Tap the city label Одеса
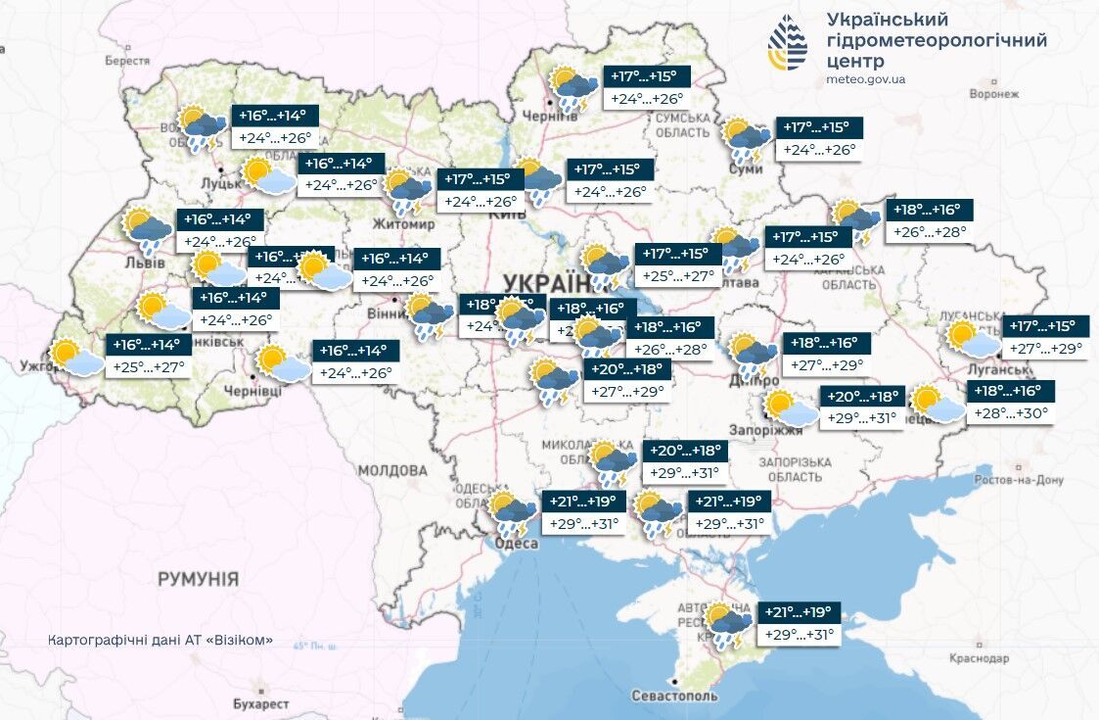[x=517, y=544]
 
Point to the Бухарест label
[x=260, y=703]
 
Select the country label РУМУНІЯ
[x=199, y=579]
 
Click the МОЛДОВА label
[x=392, y=470]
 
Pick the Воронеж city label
[x=993, y=94]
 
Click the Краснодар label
[x=979, y=658]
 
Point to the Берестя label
[x=127, y=60]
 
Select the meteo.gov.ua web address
[x=865, y=79]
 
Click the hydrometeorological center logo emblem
[x=788, y=44]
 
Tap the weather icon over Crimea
[x=729, y=625]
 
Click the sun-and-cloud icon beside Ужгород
[x=76, y=358]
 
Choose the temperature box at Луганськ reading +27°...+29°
[x=1047, y=348]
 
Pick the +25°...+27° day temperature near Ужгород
[x=148, y=366]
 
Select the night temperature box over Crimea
[x=798, y=612]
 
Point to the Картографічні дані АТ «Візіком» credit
[x=160, y=641]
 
